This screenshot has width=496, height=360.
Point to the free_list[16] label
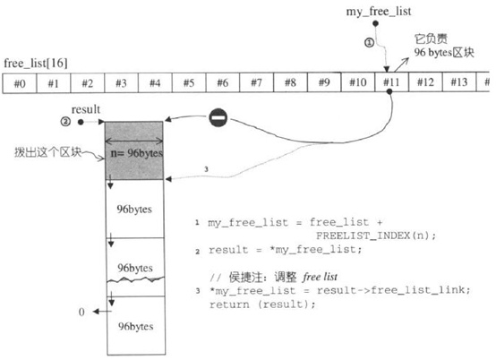pyautogui.click(x=36, y=64)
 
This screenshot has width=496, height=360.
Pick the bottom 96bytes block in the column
pyautogui.click(x=134, y=324)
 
